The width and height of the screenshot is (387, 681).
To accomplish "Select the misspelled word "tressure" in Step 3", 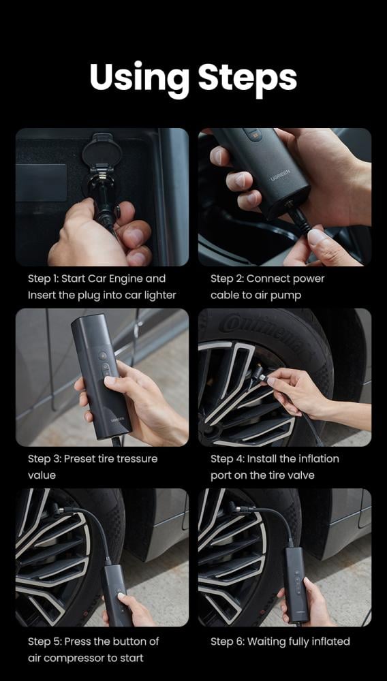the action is click(x=138, y=458).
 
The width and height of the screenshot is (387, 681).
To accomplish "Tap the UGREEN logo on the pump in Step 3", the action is click(x=118, y=420).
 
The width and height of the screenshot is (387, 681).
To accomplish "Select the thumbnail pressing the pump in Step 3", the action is click(x=109, y=381).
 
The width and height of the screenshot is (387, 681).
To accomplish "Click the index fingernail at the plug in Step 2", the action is click(x=317, y=236).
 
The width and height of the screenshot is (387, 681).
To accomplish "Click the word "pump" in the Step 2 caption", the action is click(x=287, y=296).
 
